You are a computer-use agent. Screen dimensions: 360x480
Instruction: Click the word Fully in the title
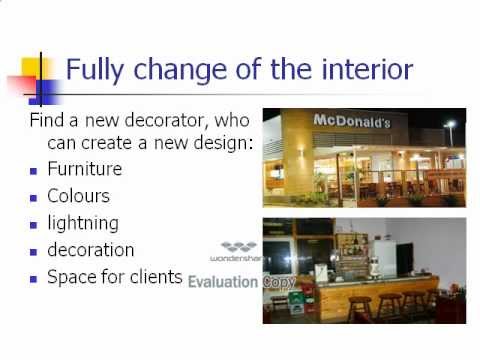pyautogui.click(x=96, y=70)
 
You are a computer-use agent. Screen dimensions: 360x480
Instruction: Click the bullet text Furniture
pyautogui.click(x=85, y=170)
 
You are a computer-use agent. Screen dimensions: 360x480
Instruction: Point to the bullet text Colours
pyautogui.click(x=79, y=196)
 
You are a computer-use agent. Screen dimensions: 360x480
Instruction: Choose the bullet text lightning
pyautogui.click(x=83, y=223)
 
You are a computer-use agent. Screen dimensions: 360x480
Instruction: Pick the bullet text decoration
pyautogui.click(x=91, y=249)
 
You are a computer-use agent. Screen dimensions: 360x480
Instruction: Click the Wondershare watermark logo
pyautogui.click(x=237, y=249)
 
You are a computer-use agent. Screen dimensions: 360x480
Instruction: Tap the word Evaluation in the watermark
pyautogui.click(x=224, y=282)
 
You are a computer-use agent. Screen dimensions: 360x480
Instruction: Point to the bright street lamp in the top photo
pyautogui.click(x=451, y=125)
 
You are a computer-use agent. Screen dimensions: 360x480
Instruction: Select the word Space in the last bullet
pyautogui.click(x=71, y=276)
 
